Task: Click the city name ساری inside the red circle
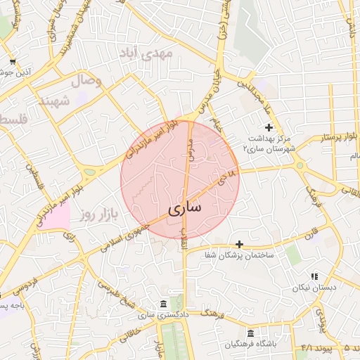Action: tap(185, 208)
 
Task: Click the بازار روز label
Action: tap(96, 212)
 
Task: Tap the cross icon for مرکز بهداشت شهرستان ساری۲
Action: tap(269, 126)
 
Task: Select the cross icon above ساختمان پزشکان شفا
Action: tap(240, 244)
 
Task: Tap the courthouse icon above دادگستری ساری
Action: tap(163, 304)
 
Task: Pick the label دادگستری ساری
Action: tap(163, 315)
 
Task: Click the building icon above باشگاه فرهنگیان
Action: tap(251, 333)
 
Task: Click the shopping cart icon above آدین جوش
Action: tap(13, 62)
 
